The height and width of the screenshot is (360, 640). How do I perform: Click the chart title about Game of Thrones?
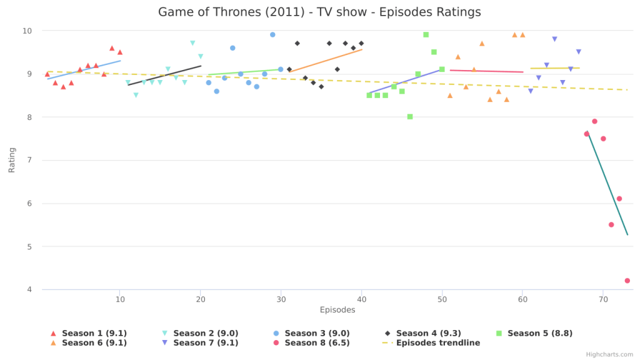coord(319,12)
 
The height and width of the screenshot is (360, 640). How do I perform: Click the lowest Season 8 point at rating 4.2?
coord(627,281)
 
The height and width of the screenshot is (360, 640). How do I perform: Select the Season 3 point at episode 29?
coord(272,35)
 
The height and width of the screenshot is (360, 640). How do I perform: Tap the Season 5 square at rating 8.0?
coord(410,117)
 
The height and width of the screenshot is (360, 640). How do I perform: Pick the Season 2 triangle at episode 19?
coord(192,44)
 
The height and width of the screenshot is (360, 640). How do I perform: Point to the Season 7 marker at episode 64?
coord(554,39)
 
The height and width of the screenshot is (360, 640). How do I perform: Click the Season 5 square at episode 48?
coord(426,35)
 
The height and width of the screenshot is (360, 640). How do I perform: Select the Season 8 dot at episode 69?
coord(594,121)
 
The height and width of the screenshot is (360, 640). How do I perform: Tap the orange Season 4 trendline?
coord(325,61)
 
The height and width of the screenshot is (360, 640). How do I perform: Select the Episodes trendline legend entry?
coord(437,342)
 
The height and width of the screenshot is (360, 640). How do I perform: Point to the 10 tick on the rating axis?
coord(27,31)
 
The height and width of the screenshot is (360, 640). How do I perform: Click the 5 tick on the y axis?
coord(29,246)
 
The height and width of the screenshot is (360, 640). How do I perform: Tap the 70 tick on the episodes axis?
coord(603,299)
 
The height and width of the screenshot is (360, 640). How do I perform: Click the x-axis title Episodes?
coord(337,310)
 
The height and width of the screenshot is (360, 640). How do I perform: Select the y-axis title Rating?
coord(12,160)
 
